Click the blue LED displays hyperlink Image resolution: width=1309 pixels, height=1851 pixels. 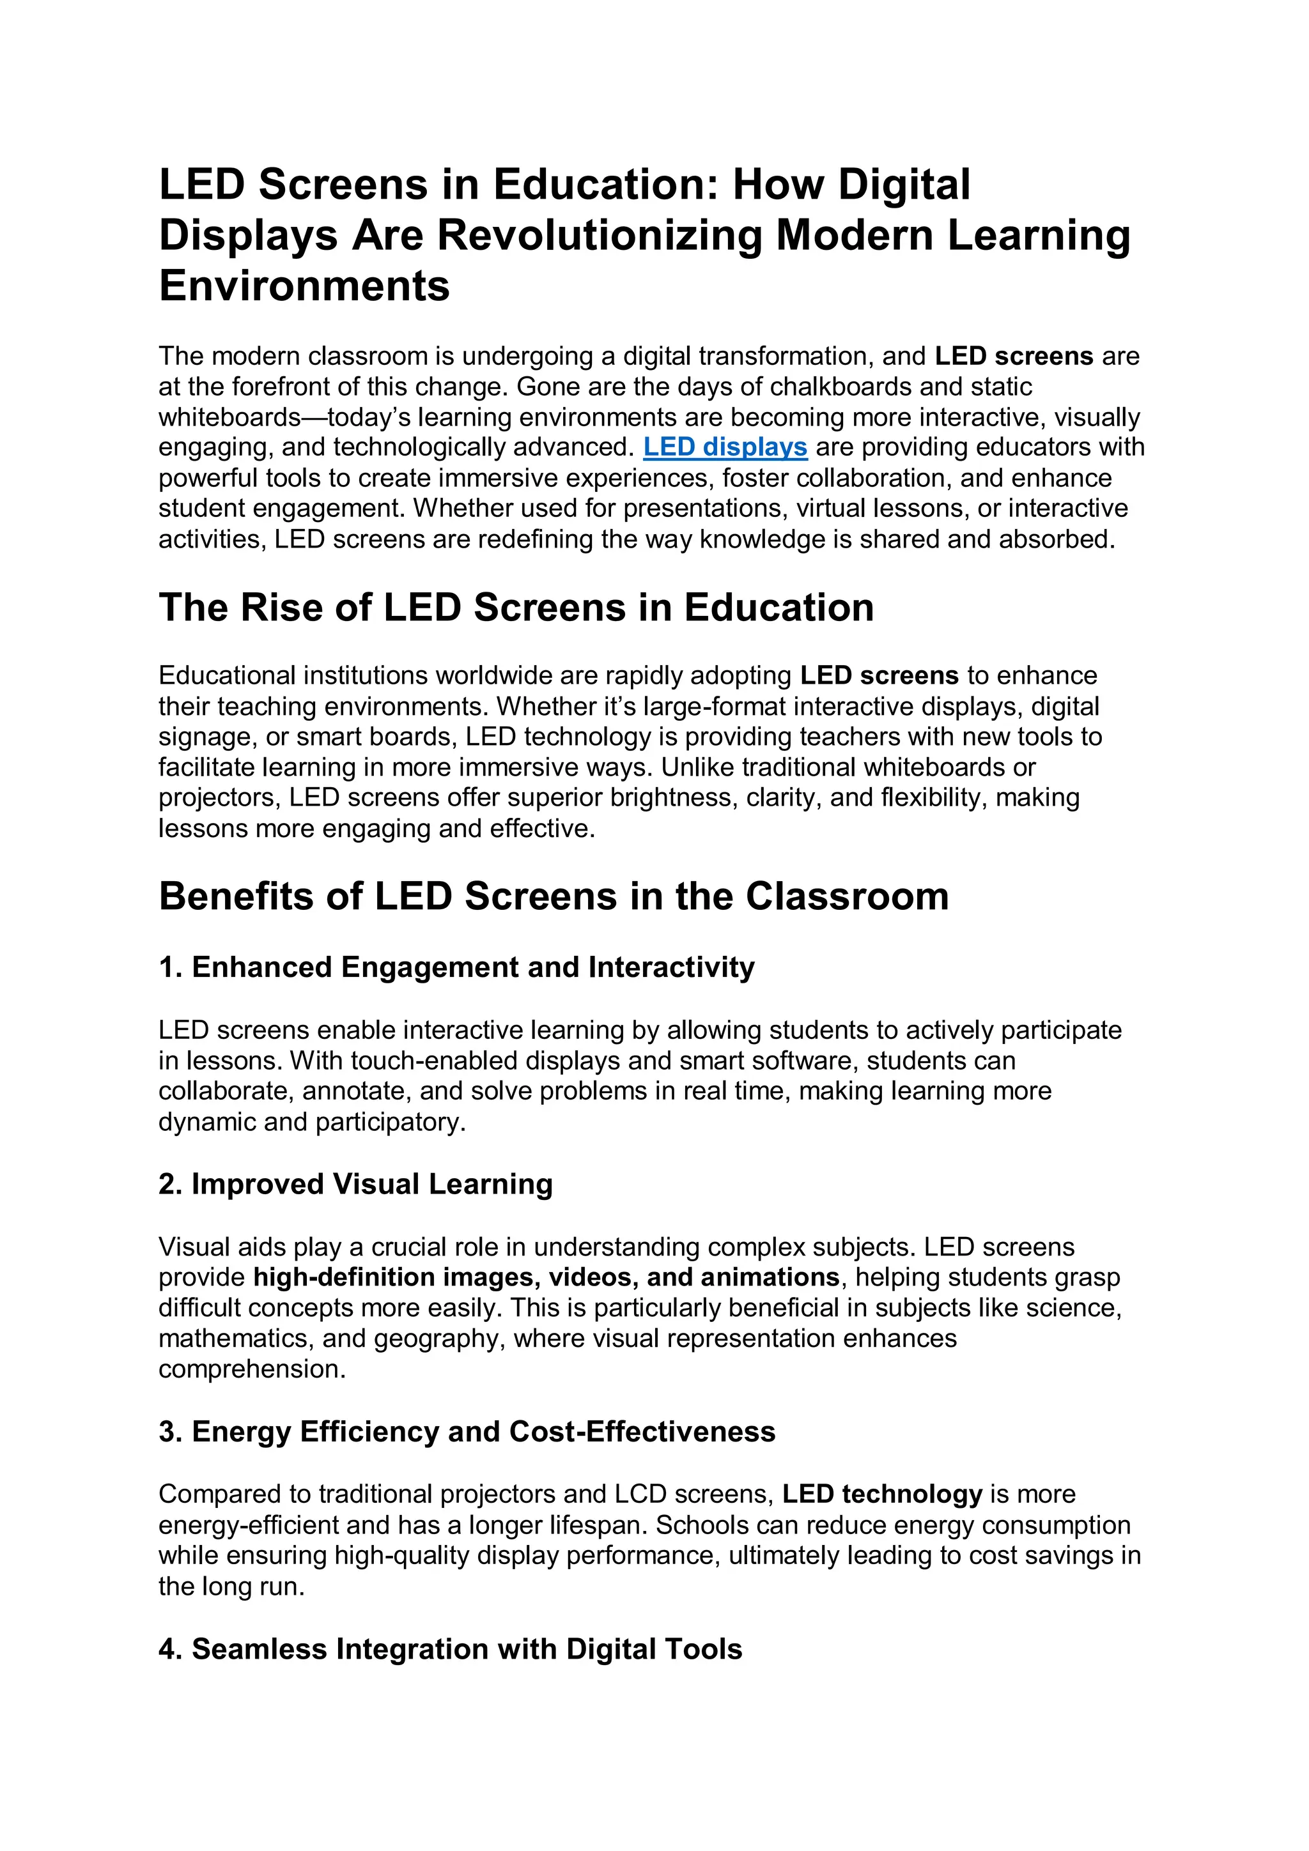(x=725, y=447)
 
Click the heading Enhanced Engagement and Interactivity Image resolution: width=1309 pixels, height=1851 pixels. (x=456, y=967)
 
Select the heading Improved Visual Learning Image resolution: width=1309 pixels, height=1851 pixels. (x=355, y=1185)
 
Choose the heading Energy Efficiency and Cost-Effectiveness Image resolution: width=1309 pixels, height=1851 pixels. (x=467, y=1432)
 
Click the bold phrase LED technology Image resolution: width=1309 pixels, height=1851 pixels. (x=882, y=1494)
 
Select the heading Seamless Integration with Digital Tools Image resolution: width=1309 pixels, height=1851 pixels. (x=450, y=1650)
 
